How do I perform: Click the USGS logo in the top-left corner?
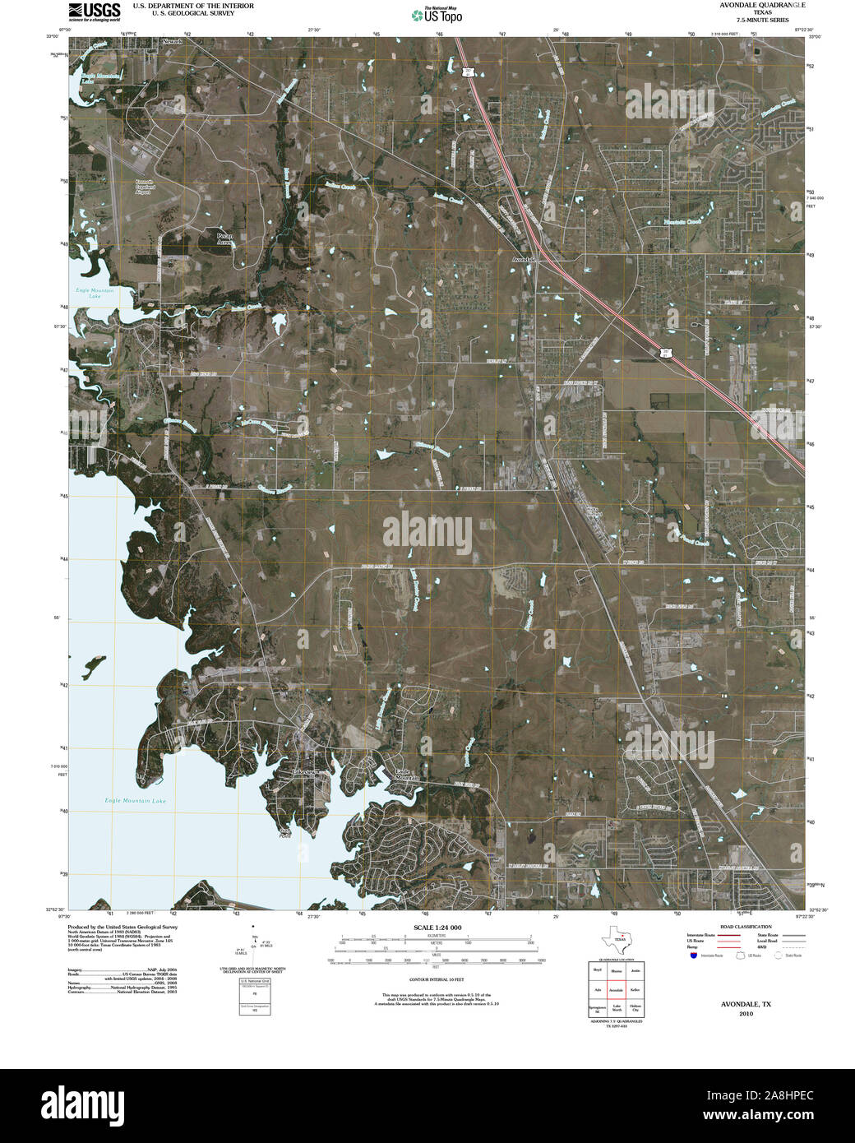tap(95, 11)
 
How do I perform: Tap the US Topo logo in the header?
tap(437, 14)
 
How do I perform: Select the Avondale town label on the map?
tap(523, 260)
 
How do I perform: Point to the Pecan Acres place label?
tap(224, 238)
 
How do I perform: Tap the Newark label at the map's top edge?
tap(173, 40)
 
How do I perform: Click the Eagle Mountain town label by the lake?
tap(406, 775)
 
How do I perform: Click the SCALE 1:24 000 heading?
tap(437, 928)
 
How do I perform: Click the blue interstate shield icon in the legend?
tap(694, 956)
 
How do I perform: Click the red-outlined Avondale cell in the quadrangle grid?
tap(615, 990)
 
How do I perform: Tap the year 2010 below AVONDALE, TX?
tap(745, 1014)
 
